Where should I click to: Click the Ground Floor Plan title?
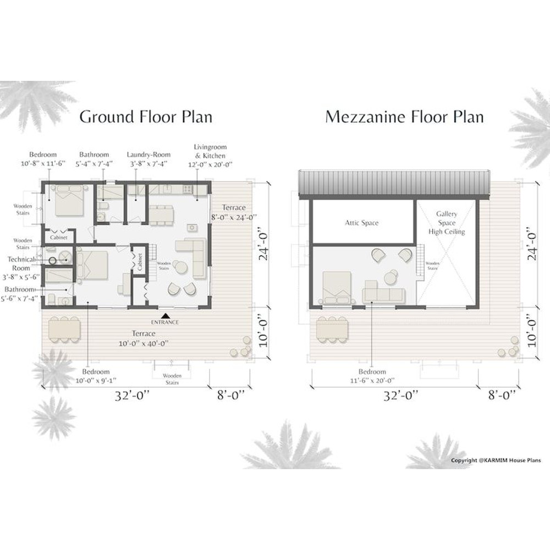click(x=146, y=117)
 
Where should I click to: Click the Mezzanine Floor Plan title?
click(x=404, y=117)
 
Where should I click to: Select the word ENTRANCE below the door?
click(x=165, y=322)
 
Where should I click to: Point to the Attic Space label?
click(x=361, y=223)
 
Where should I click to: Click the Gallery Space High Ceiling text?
click(x=446, y=223)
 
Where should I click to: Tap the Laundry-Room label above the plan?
click(x=148, y=159)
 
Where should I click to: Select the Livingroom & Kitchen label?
click(x=210, y=155)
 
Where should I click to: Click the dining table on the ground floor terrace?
click(x=64, y=329)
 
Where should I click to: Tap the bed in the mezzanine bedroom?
click(x=335, y=287)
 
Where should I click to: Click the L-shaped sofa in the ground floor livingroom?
click(x=192, y=256)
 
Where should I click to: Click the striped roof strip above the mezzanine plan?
click(x=394, y=183)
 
